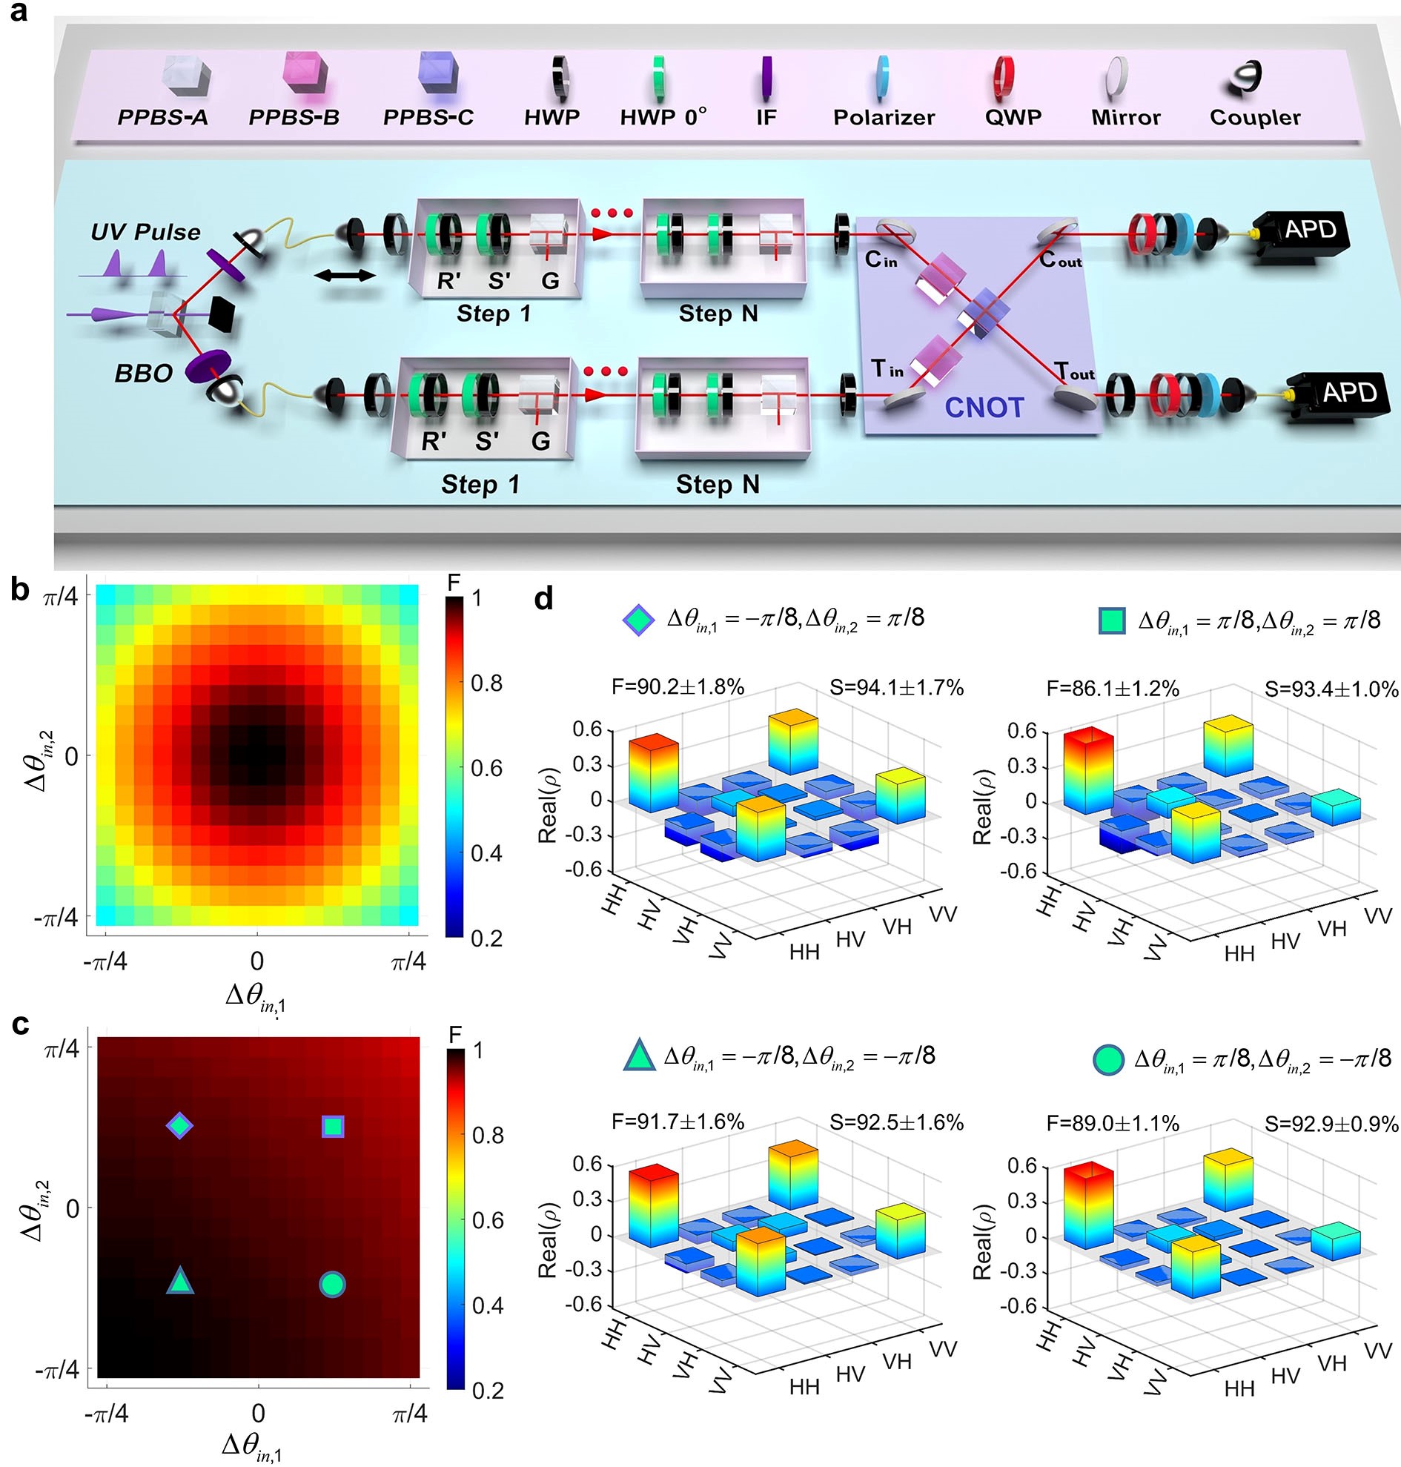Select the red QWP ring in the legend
pos(1003,78)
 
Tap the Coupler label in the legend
pos(1255,117)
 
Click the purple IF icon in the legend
pos(766,77)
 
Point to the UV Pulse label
pos(145,232)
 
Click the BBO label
pos(143,373)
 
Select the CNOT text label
pos(984,407)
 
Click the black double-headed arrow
pos(345,276)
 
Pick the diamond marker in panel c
pos(179,1125)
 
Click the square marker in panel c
pos(333,1126)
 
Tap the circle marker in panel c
pos(332,1284)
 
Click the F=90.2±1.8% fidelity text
pos(678,686)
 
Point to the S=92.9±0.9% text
pos(1331,1122)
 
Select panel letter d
pos(544,598)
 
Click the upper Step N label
pos(718,314)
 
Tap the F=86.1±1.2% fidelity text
pos(1112,688)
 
